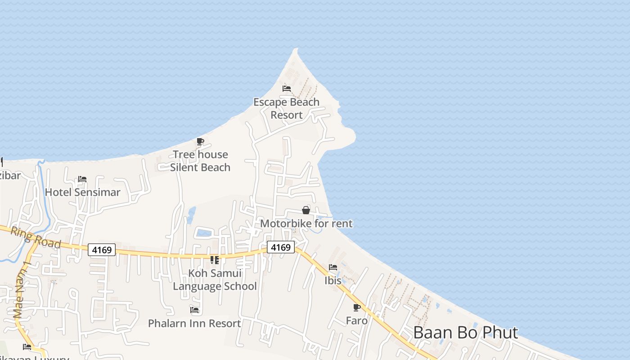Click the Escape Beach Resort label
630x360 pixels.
click(x=286, y=108)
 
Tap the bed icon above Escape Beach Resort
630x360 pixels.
click(x=287, y=88)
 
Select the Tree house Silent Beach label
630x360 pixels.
click(x=200, y=161)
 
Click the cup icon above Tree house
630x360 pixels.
click(x=200, y=142)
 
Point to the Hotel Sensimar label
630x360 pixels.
click(x=82, y=193)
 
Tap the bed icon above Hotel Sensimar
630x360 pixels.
click(x=82, y=179)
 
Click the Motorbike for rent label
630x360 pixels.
click(x=306, y=224)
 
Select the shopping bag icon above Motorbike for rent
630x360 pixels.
click(x=306, y=210)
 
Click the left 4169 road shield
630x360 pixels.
click(x=102, y=250)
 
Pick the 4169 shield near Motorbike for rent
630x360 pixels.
click(x=281, y=247)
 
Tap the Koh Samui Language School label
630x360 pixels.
click(x=215, y=279)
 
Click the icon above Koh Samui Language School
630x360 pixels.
click(x=215, y=260)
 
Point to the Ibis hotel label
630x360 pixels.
click(x=333, y=280)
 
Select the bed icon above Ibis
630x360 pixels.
click(x=333, y=267)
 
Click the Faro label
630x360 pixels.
click(x=356, y=321)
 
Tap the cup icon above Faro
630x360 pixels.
click(x=356, y=308)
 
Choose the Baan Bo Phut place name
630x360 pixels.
click(x=465, y=333)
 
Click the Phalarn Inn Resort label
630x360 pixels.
click(x=194, y=324)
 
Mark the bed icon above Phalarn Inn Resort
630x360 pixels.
click(x=194, y=310)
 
